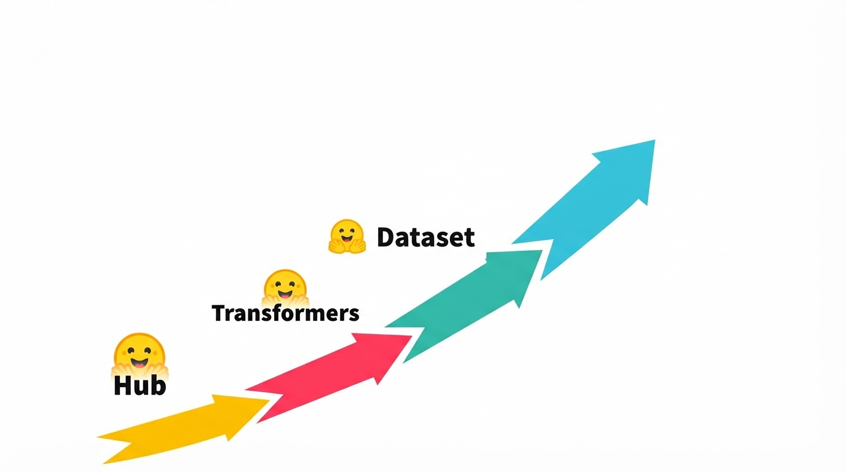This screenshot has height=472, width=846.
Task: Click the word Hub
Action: [x=140, y=385]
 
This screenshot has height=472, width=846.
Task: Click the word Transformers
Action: [x=285, y=313]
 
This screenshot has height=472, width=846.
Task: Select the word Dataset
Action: [x=425, y=237]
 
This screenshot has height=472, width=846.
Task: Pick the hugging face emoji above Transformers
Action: [x=285, y=288]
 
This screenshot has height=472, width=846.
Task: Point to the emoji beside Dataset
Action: [x=347, y=236]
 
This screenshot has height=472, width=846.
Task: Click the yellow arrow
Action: [x=184, y=428]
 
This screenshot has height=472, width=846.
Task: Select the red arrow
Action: [x=328, y=377]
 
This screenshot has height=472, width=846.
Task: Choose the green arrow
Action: [x=464, y=306]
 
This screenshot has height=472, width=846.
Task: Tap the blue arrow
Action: [x=583, y=210]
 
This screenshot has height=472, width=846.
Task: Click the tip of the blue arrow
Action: [x=655, y=141]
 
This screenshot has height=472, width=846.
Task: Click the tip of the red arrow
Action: [x=411, y=336]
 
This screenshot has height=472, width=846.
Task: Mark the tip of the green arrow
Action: [x=542, y=251]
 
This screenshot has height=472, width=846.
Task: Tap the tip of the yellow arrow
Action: [x=269, y=400]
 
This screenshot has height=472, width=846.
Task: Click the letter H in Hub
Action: [x=122, y=385]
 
